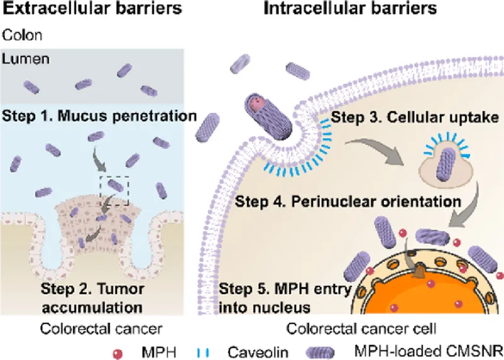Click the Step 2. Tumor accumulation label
pos(91,299)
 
